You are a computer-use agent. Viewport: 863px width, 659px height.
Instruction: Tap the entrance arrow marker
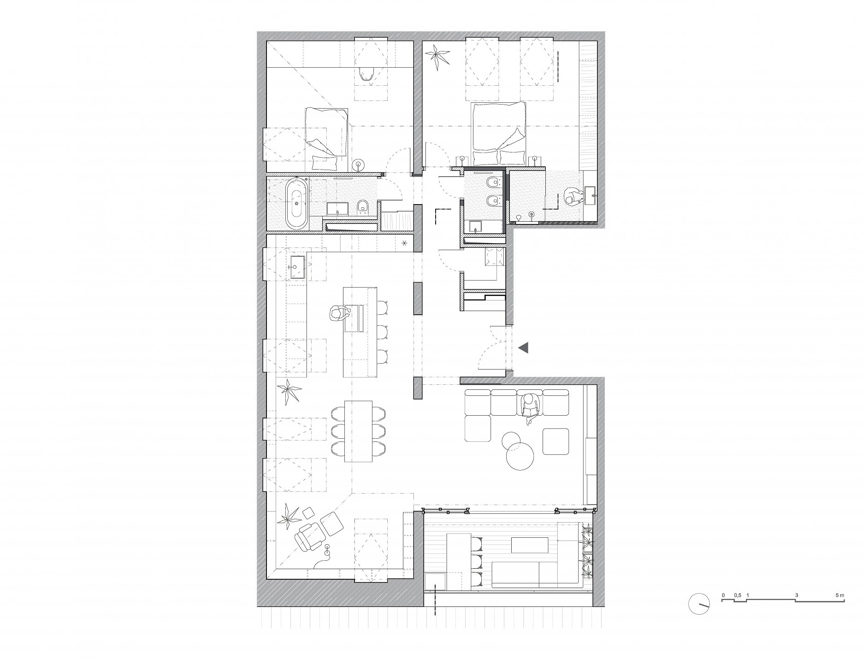pyautogui.click(x=523, y=348)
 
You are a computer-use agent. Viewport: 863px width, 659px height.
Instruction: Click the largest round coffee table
pyautogui.click(x=520, y=456)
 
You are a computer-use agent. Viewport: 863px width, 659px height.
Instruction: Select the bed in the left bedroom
pyautogui.click(x=327, y=137)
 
